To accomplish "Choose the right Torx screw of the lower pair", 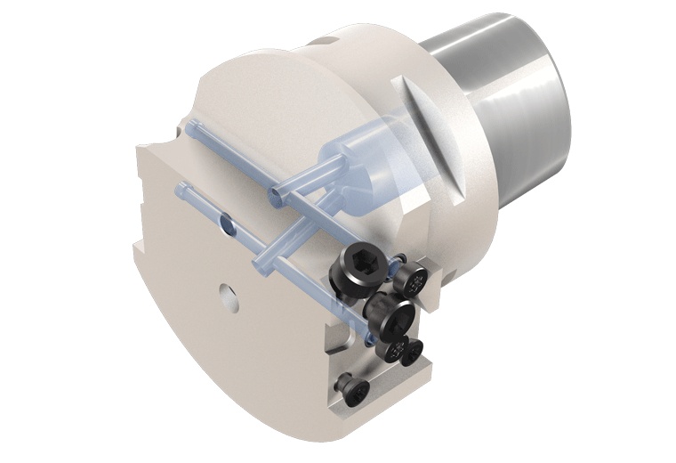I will [x=412, y=354].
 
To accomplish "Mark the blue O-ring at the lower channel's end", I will [x=367, y=339].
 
